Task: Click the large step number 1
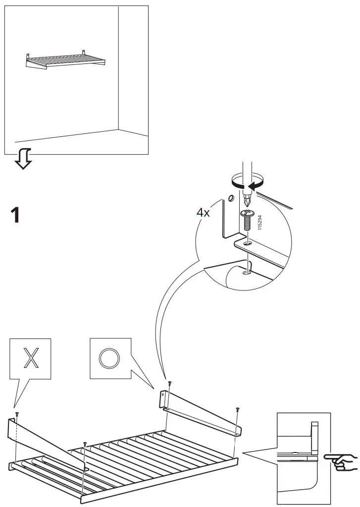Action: click(x=15, y=216)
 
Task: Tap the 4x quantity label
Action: click(x=204, y=213)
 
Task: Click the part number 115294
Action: click(x=260, y=222)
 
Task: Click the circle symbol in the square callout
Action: click(x=110, y=358)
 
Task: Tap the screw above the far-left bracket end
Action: click(x=16, y=413)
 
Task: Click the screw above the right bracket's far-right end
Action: click(x=238, y=409)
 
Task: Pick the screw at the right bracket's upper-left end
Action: click(x=170, y=383)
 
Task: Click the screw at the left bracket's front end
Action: click(x=85, y=443)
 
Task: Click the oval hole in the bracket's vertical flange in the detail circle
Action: click(x=231, y=200)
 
